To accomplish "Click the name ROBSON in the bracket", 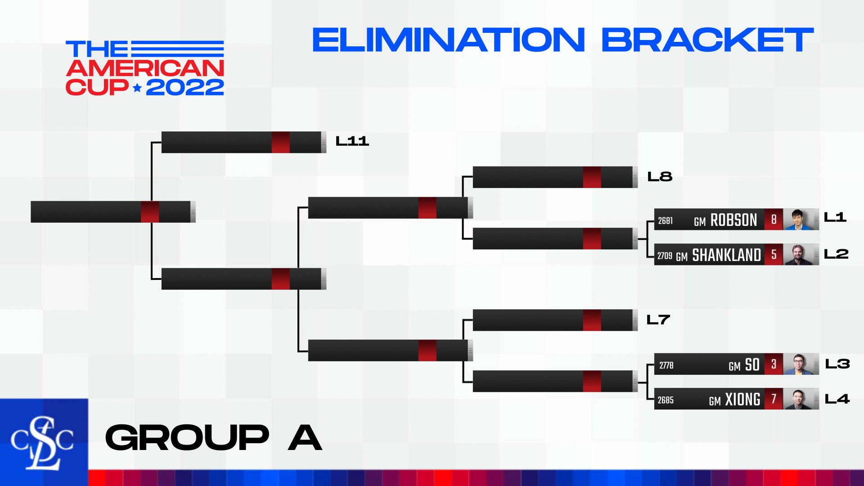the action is point(733,220).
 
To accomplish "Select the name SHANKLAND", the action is point(726,255).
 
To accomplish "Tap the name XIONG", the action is point(742,400).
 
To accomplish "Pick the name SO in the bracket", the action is point(752,364).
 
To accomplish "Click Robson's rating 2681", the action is point(666,220).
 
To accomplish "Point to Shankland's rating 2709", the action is point(665,256).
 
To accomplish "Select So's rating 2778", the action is point(666,365).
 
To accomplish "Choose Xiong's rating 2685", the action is point(666,400).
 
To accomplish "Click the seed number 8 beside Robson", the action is point(774,220).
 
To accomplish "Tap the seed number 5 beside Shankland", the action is point(774,255).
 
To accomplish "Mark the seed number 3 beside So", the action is point(774,364).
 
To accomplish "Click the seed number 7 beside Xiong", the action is point(774,399).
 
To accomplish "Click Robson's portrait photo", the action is point(799,220).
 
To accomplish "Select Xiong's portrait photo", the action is point(799,399).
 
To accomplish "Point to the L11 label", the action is point(352,141).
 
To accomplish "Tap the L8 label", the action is point(660,176).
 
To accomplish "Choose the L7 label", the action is point(658,320).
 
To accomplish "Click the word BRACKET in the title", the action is point(707,40).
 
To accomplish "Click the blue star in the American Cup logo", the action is point(137,88).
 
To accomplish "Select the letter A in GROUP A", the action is point(305,437).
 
